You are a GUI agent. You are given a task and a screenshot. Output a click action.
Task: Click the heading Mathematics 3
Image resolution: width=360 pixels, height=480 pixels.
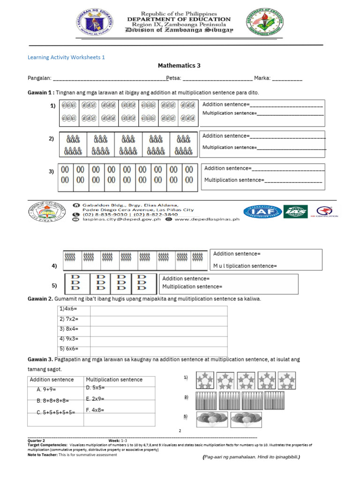coord(179,66)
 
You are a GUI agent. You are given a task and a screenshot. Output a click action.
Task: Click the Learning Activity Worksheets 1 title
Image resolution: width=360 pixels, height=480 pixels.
coord(67,57)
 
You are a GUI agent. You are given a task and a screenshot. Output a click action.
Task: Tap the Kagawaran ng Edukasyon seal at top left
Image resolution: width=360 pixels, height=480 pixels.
coord(94,23)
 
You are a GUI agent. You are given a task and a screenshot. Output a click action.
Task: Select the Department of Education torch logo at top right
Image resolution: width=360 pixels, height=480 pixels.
coord(265,23)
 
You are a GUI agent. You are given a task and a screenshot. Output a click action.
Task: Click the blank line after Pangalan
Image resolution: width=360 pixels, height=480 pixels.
coord(109,78)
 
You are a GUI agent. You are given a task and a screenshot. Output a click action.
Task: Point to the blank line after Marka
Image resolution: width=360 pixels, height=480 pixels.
coord(287,78)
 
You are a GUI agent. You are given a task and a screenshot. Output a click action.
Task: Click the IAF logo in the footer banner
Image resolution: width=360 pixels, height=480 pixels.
coord(262,212)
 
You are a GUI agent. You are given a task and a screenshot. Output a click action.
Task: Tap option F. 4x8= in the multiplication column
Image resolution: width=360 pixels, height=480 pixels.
coord(95,410)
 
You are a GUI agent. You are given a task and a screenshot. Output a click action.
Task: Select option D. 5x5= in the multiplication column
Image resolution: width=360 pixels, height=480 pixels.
coord(95,388)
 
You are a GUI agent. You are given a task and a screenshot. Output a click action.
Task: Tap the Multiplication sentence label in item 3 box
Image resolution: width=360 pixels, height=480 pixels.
coord(234,180)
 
